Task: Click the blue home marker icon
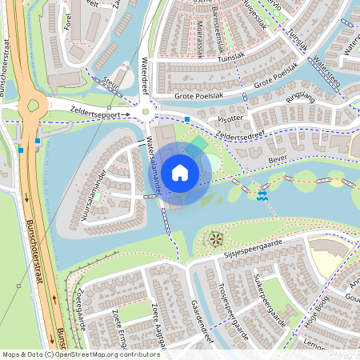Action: (x=180, y=172)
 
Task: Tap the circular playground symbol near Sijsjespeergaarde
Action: (x=214, y=238)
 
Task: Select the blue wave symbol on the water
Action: (x=262, y=196)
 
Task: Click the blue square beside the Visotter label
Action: (x=187, y=120)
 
